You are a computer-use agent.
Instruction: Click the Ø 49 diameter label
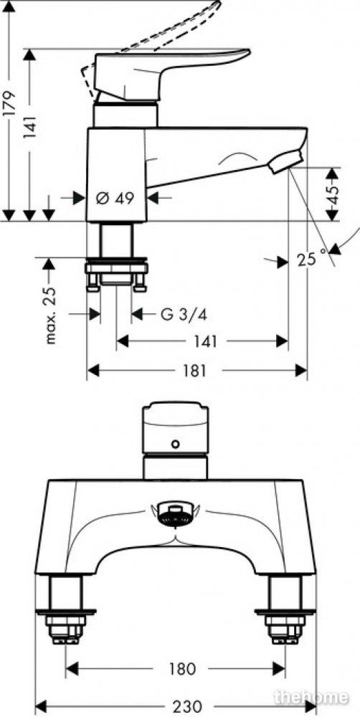pos(115,199)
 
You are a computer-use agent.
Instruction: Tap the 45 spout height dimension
pos(334,194)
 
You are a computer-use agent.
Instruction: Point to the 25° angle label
pos(313,260)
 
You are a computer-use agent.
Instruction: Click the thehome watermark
pos(311,698)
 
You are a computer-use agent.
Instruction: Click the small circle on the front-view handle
pos(175,444)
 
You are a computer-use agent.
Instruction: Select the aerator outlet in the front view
pos(175,515)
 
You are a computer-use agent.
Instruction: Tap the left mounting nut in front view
pos(66,627)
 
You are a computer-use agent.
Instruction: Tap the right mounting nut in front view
pos(285,627)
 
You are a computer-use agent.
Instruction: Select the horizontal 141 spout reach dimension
pos(202,341)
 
